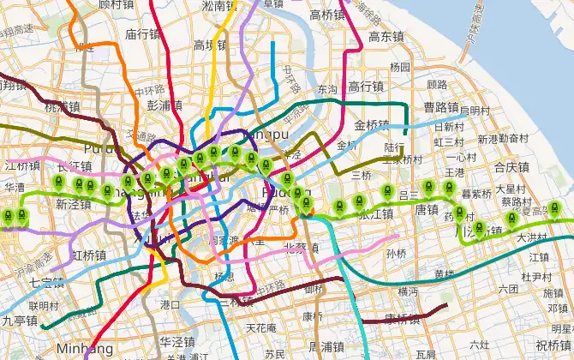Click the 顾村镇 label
tap(117, 4)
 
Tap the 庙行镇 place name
tap(142, 35)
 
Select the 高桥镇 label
tap(327, 15)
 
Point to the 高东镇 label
tap(386, 37)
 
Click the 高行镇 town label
tap(367, 87)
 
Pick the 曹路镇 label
tap(442, 107)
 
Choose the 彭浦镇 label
tap(164, 105)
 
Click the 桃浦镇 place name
tap(62, 107)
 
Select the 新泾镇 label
tap(73, 205)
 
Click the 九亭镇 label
tap(19, 321)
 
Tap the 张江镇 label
tap(375, 214)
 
